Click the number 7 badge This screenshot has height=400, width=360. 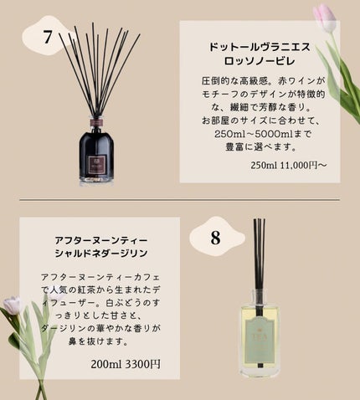[48, 37]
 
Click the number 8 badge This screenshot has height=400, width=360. [215, 238]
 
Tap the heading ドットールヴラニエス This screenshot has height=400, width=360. [260, 47]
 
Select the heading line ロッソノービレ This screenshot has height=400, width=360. [260, 61]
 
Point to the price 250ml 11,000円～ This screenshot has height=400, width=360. [288, 165]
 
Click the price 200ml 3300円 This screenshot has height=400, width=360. [126, 364]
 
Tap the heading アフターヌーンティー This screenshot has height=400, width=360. [101, 240]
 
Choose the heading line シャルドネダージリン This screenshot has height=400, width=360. [101, 254]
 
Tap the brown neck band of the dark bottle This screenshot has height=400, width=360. [96, 123]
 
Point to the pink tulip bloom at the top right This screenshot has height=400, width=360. [324, 18]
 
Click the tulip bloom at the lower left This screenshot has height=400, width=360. [13, 305]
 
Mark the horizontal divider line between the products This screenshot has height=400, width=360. [180, 200]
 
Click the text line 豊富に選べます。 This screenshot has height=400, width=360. [260, 146]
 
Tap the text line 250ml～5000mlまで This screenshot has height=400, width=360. [262, 134]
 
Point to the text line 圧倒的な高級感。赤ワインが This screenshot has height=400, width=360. [264, 81]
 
